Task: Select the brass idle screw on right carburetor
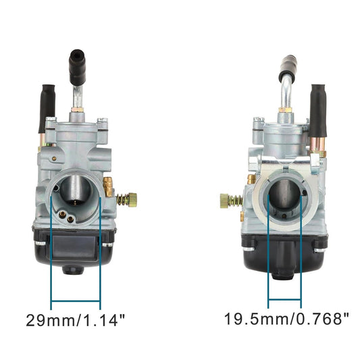pyautogui.click(x=232, y=200)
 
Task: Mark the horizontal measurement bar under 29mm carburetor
pyautogui.click(x=76, y=300)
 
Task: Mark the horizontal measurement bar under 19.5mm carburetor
pyautogui.click(x=286, y=300)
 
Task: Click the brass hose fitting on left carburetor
pyautogui.click(x=106, y=184)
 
